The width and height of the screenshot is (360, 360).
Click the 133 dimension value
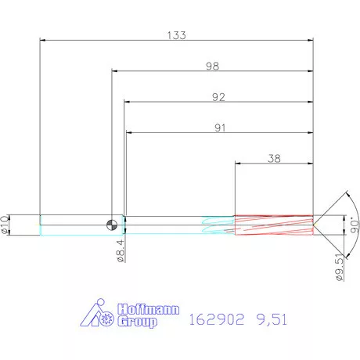click(176, 34)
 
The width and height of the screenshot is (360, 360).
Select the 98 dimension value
click(212, 67)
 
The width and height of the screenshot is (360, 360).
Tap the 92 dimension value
click(218, 97)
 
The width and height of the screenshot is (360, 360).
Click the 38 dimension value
click(274, 158)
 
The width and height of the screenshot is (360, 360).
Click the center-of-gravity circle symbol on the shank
click(114, 225)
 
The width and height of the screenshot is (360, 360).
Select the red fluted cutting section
click(273, 225)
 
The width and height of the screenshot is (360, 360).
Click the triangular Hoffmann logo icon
click(99, 314)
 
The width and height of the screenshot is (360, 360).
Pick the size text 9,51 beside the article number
click(270, 319)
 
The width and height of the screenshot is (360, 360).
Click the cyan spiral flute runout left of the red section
click(218, 225)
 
